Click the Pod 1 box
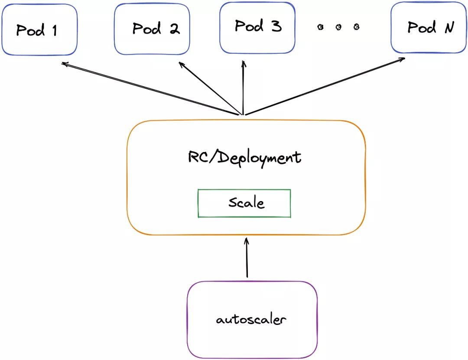39,29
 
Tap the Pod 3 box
257,27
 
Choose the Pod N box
429,28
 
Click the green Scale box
244,203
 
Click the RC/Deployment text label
244,156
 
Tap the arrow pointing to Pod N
325,86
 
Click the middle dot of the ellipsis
338,27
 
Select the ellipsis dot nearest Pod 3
320,27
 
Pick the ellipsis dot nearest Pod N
356,27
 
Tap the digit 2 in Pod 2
174,29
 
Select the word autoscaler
251,320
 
